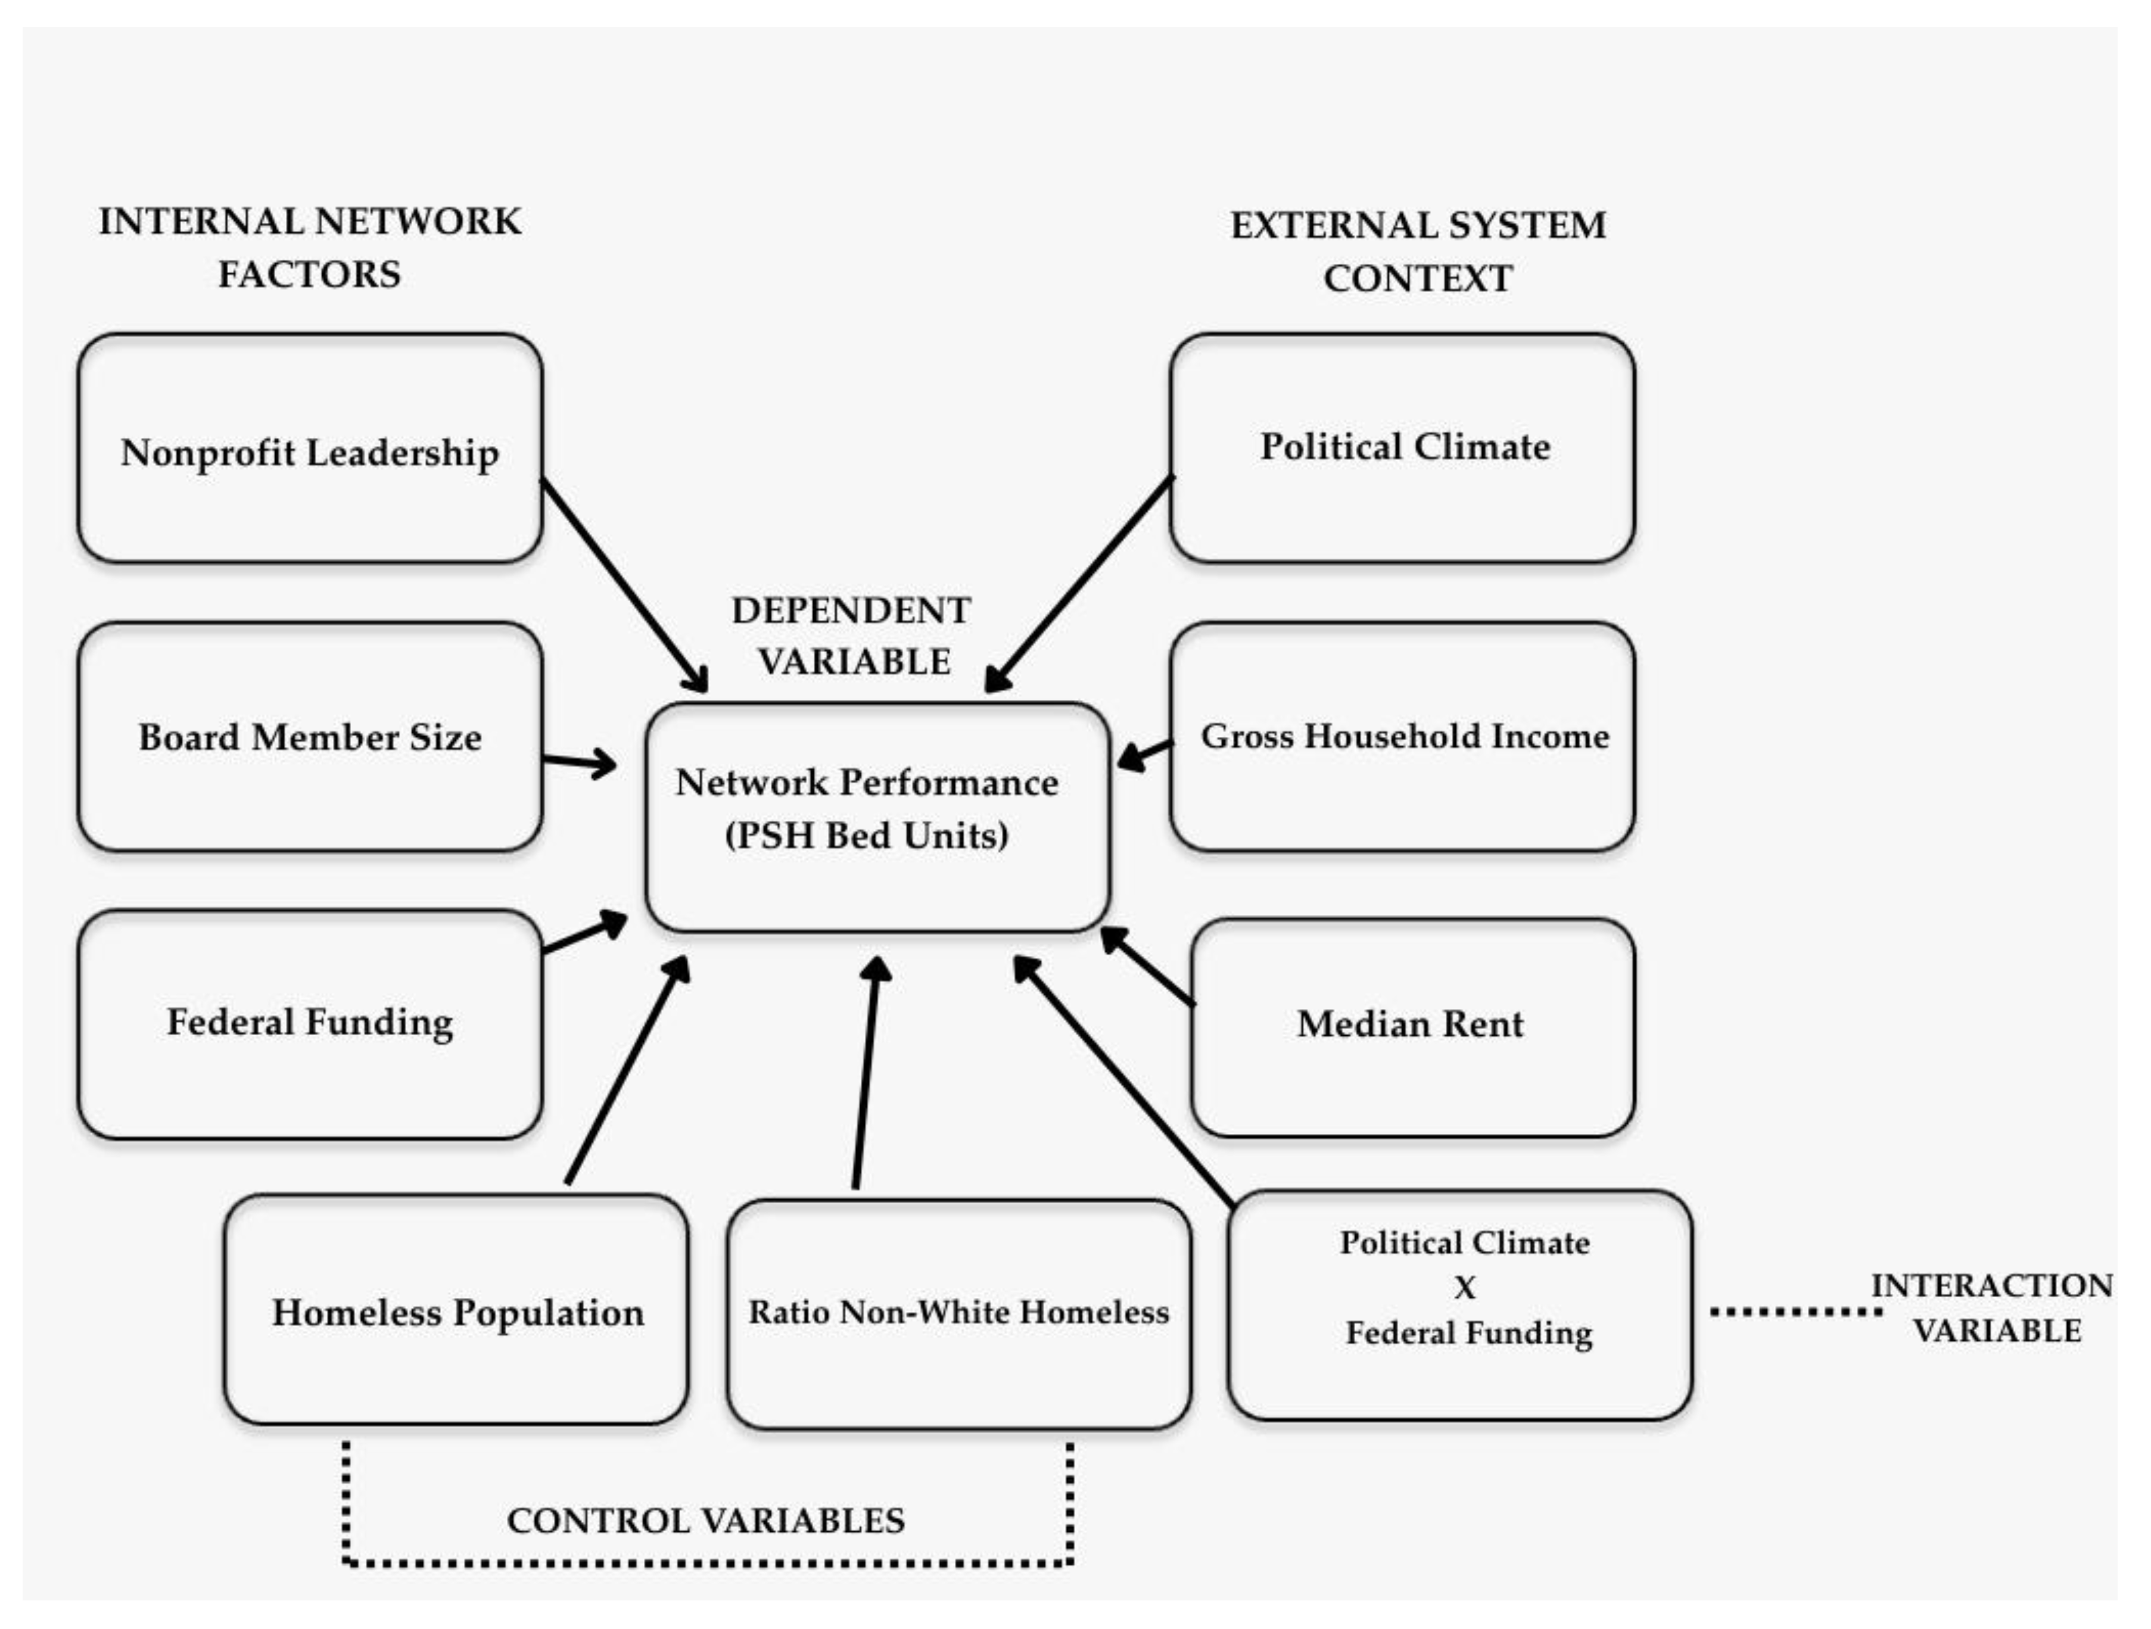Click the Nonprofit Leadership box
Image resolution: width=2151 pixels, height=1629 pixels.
(309, 449)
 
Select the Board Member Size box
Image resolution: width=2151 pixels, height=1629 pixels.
(309, 737)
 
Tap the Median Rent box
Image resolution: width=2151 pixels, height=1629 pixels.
(1411, 1027)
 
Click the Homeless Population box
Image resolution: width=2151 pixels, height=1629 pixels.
(456, 1311)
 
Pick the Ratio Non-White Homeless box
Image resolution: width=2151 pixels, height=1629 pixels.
(958, 1313)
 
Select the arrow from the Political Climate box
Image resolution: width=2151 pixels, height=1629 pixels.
(1079, 584)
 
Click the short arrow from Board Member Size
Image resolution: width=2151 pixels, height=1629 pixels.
(578, 762)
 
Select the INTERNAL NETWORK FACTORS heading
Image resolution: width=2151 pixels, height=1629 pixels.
(309, 248)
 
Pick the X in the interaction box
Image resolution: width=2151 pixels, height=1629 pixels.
(1464, 1288)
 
